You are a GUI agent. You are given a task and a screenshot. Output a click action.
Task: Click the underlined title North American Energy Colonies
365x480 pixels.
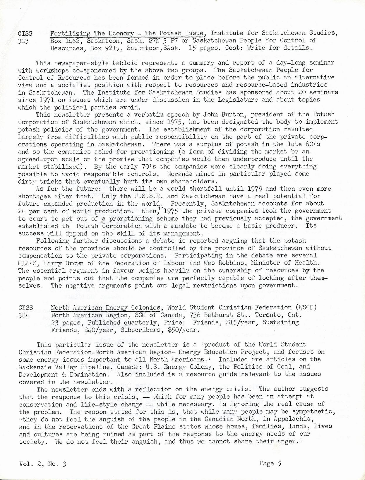pyautogui.click(x=106, y=308)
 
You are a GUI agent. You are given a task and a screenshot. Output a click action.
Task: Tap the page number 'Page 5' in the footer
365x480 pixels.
pyautogui.click(x=270, y=463)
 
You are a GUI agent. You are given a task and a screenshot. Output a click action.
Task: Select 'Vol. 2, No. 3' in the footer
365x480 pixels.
pyautogui.click(x=43, y=464)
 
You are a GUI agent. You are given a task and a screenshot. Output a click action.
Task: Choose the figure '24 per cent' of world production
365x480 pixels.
pyautogui.click(x=38, y=211)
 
